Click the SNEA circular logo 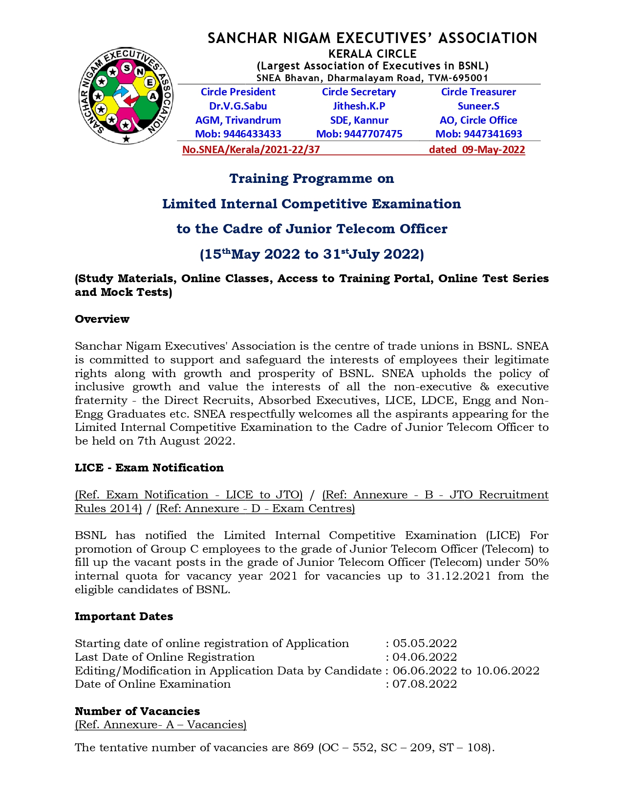click(x=126, y=96)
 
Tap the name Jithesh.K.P click(x=359, y=106)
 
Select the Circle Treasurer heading click(x=478, y=92)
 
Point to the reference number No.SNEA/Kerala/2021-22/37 click(x=251, y=150)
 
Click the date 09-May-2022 click(x=494, y=150)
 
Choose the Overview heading click(x=102, y=319)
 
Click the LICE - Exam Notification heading click(x=149, y=468)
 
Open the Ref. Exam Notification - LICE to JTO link click(x=189, y=494)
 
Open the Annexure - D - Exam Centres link click(x=256, y=508)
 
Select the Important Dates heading click(x=124, y=616)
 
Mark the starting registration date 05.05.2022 click(x=425, y=643)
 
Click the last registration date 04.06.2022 click(x=425, y=657)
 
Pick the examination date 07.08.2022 click(x=425, y=684)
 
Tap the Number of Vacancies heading click(x=137, y=711)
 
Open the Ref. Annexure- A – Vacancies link click(x=160, y=724)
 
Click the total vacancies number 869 click(x=303, y=747)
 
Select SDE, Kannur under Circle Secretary click(x=359, y=120)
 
